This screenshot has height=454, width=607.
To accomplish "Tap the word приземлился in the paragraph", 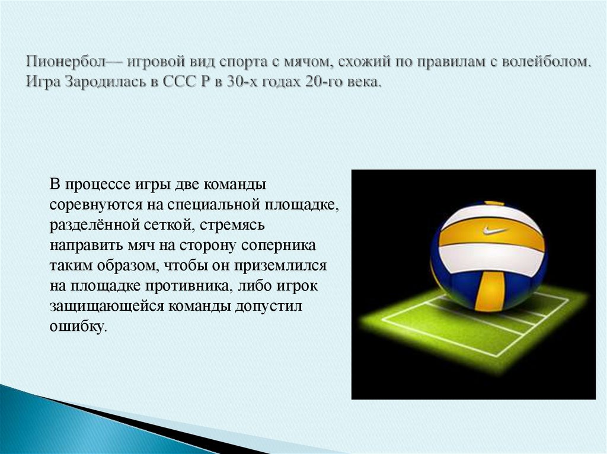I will click(285, 265).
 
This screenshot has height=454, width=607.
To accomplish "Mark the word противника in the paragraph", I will click(189, 285).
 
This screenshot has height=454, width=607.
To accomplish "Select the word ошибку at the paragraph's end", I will click(79, 326).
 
